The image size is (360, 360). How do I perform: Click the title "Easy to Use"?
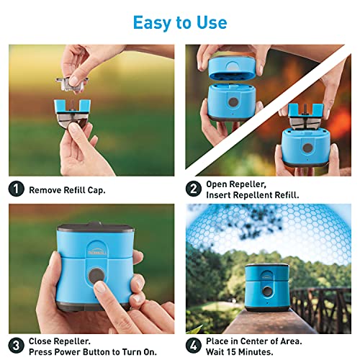(x=179, y=22)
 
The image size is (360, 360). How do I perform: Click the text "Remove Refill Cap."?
(x=67, y=191)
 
